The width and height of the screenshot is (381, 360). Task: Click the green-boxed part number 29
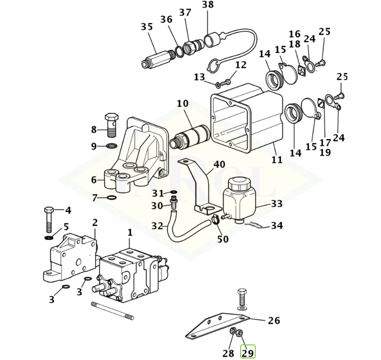(x=248, y=352)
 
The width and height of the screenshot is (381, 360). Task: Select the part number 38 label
(x=207, y=5)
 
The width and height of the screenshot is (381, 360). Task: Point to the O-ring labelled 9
(x=112, y=146)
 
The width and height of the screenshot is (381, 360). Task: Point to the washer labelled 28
(x=234, y=332)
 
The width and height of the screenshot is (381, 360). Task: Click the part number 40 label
(x=219, y=165)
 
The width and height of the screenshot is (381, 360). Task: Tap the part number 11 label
(x=277, y=160)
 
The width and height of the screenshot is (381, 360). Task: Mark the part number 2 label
(x=95, y=223)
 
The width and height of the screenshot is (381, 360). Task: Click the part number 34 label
(x=277, y=226)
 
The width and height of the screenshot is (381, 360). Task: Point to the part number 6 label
(x=94, y=180)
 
